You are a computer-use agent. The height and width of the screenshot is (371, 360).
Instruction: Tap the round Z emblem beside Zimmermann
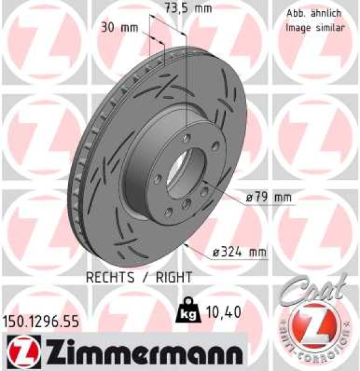tap(18, 353)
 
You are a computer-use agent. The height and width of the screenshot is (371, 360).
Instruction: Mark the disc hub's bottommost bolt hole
tap(168, 214)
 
